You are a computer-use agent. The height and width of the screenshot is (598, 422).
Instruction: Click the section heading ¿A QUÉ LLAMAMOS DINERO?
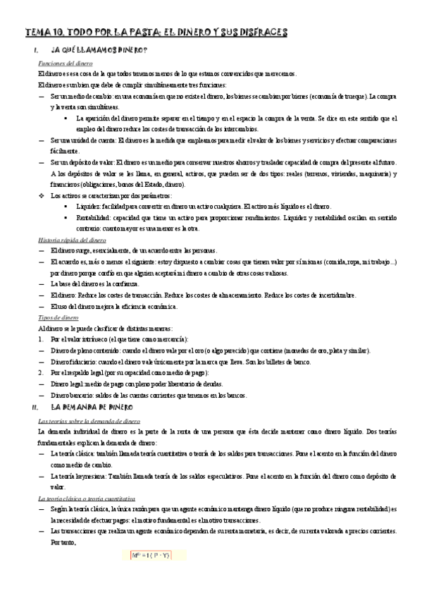coord(99,51)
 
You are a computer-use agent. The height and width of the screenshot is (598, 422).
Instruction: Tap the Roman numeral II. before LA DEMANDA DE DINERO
coord(37,408)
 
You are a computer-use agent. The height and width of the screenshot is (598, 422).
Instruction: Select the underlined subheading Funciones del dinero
coord(64,63)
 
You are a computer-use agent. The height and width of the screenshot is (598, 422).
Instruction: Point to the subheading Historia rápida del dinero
coord(73,240)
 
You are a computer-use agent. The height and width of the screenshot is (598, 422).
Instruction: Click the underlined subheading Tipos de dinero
coord(58,318)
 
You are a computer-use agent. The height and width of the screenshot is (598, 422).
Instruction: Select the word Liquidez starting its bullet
coord(89,207)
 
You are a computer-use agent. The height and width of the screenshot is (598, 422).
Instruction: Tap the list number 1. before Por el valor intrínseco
coord(42,339)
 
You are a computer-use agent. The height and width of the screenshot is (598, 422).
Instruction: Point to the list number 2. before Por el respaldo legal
coord(42,373)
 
